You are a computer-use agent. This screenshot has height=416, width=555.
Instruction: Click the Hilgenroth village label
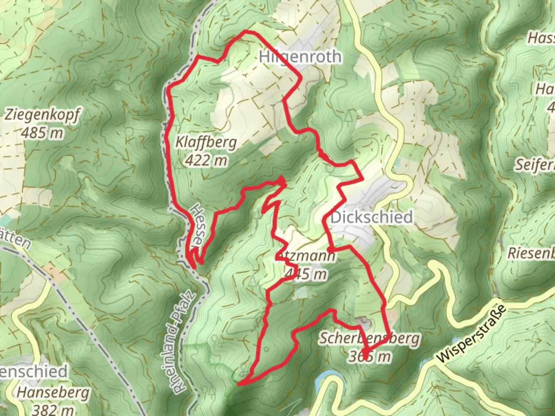[x=300, y=57]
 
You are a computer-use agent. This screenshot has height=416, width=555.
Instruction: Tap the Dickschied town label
[x=372, y=217]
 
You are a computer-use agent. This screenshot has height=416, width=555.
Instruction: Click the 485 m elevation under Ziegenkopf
[x=42, y=133]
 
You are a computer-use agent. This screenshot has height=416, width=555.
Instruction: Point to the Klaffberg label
[x=206, y=143]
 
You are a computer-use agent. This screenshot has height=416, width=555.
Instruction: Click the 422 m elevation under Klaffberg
[x=206, y=160]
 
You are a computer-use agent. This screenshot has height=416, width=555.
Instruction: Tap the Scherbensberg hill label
[x=370, y=339]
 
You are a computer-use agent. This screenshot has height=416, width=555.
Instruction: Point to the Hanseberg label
[x=53, y=393]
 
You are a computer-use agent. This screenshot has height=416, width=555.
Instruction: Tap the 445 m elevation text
[x=306, y=274]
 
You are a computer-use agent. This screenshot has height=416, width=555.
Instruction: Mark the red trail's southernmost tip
[x=239, y=384]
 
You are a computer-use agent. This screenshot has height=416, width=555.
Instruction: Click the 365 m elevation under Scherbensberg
[x=370, y=357]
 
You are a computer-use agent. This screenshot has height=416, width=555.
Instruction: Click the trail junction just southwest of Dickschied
[x=330, y=247]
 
